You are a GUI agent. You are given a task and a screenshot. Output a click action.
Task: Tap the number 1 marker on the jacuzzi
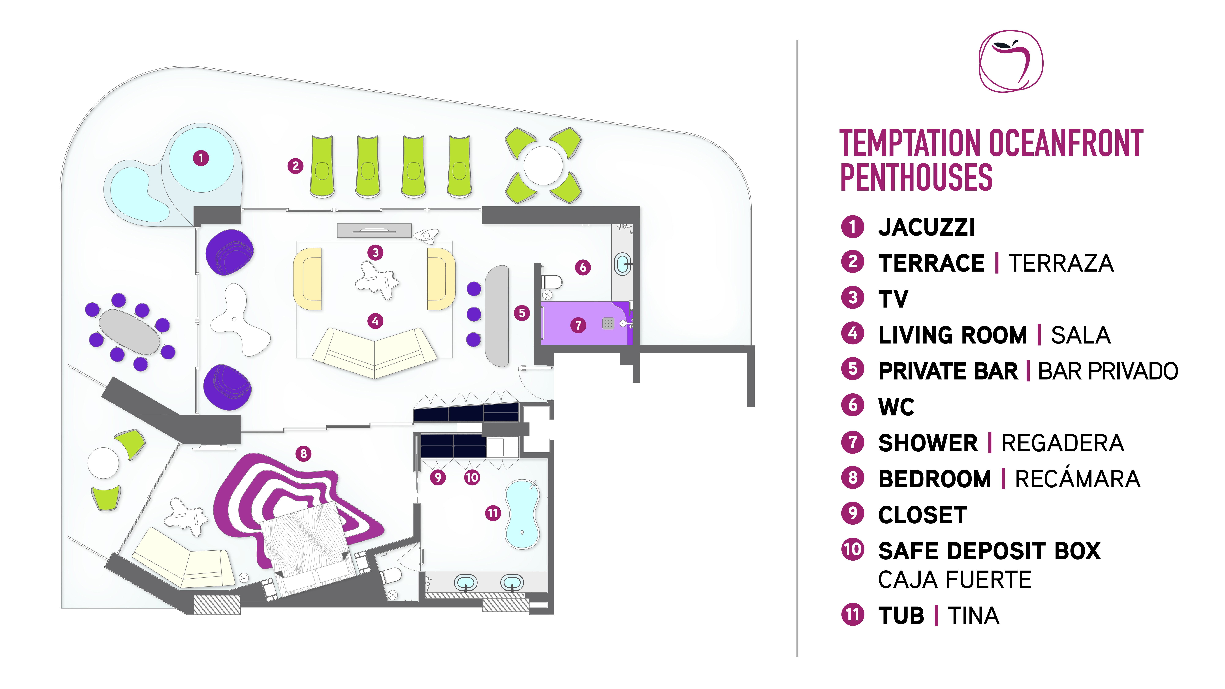click(201, 158)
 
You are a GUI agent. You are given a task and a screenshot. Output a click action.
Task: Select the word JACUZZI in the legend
click(926, 227)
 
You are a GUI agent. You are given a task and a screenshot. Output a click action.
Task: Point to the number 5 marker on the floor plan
click(522, 313)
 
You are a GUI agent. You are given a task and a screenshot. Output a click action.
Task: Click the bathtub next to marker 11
click(522, 514)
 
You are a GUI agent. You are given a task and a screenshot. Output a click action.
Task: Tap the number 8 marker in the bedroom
click(303, 454)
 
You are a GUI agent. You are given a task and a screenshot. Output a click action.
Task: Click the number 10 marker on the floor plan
click(472, 477)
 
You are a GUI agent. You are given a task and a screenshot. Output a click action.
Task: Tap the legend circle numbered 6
click(853, 406)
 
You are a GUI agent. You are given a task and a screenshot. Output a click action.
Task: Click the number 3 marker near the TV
click(375, 252)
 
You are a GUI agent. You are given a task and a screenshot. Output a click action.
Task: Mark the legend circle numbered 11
click(853, 614)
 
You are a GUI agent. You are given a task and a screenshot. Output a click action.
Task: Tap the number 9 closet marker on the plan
click(438, 477)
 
